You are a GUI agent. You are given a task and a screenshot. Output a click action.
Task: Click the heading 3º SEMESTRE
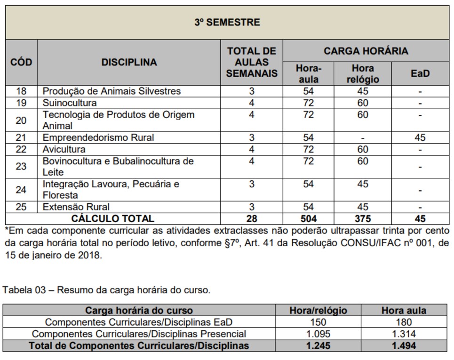pos(227,22)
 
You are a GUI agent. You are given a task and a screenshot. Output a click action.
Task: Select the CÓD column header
pos(21,62)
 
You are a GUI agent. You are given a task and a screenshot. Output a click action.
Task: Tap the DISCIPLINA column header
pos(129,62)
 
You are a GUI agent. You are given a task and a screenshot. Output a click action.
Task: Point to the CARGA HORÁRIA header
pos(366,51)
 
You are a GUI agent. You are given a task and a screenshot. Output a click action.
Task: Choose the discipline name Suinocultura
pos(70,103)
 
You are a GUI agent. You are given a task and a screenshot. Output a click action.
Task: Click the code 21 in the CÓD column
pos(21,137)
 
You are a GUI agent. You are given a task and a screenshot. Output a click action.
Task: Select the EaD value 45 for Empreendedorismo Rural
pos(420,137)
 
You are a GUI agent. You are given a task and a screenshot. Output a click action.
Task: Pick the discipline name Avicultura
pos(64,149)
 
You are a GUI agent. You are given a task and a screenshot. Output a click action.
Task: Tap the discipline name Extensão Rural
pos(76,207)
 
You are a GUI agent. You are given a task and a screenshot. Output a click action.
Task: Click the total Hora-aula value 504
pos(308,218)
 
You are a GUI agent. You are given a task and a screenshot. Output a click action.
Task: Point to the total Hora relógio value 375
pos(362,218)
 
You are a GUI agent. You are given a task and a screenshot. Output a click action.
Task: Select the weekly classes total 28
pos(252,218)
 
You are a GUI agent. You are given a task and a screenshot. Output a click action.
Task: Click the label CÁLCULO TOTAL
pos(112,218)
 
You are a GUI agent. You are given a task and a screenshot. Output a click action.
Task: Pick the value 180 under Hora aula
pos(404,322)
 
